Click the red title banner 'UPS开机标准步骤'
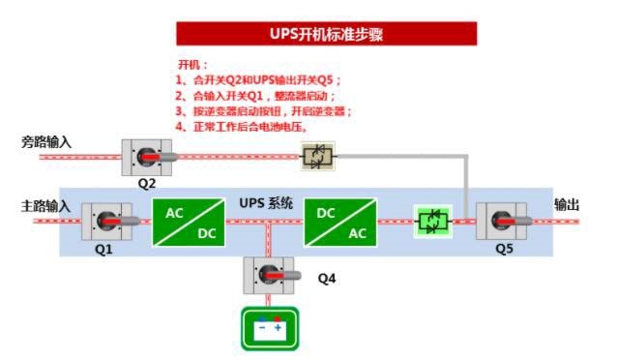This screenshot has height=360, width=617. pos(326,34)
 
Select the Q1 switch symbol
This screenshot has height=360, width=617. pos(106,222)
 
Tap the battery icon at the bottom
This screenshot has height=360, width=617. pos(269,328)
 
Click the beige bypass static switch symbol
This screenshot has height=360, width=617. pos(316,155)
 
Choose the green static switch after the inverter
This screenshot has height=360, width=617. pos(431,222)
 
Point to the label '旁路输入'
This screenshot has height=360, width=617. pos(46,143)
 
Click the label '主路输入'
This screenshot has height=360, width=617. pos(46,206)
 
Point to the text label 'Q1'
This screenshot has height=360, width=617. pos(103,249)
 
